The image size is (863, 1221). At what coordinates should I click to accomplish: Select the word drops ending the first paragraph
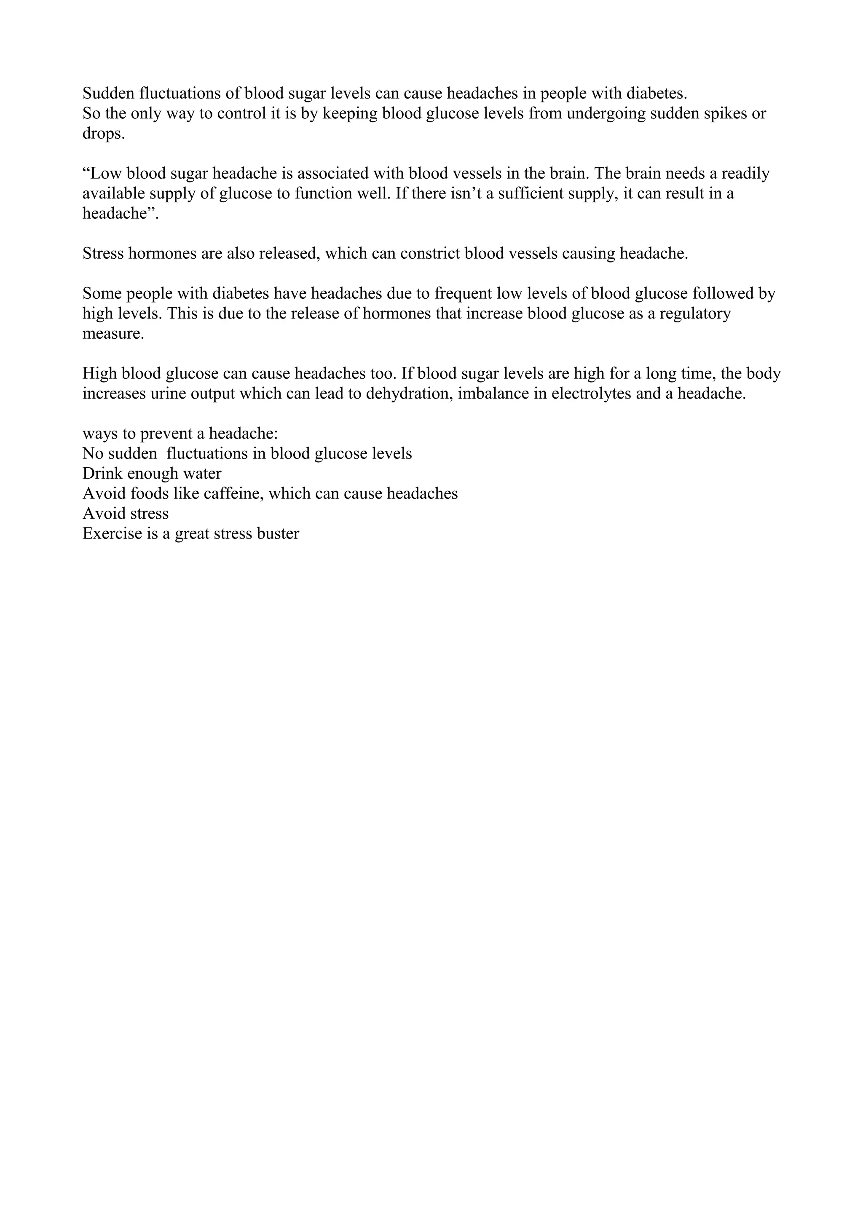[103, 134]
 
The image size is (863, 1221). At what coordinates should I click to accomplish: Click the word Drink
[103, 473]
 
